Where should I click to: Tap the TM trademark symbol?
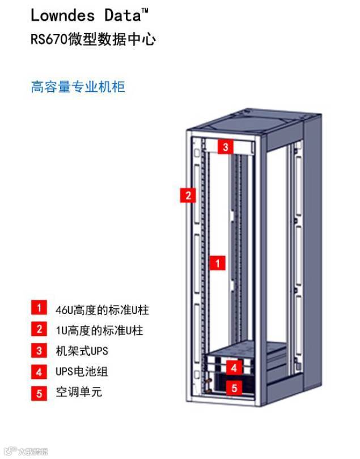[x=145, y=10]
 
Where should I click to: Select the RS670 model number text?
[x=49, y=40]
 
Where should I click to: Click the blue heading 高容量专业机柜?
[x=78, y=87]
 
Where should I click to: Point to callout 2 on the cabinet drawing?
[x=188, y=195]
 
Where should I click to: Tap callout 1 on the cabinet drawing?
[x=217, y=263]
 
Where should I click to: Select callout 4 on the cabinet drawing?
[x=234, y=368]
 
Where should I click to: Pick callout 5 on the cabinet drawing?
[x=234, y=388]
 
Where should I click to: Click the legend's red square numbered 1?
[x=39, y=308]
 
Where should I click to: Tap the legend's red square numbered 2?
[x=39, y=329]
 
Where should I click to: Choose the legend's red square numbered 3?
[x=39, y=351]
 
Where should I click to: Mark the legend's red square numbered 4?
[x=39, y=372]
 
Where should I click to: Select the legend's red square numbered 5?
[x=39, y=393]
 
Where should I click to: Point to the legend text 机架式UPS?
[x=82, y=351]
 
